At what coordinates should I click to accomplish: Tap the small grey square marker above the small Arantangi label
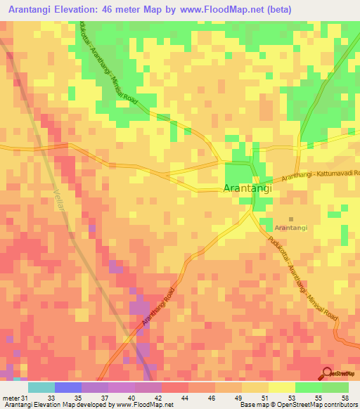(x=291, y=219)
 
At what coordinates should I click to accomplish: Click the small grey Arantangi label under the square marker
(x=291, y=228)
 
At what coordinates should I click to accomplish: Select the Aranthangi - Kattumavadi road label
(x=321, y=176)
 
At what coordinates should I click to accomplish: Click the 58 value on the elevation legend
(x=345, y=398)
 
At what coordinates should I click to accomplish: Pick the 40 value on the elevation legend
(x=130, y=398)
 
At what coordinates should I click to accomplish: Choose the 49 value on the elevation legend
(x=238, y=398)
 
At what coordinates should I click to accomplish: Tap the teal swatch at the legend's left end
(x=41, y=387)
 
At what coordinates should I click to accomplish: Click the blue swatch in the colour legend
(x=68, y=387)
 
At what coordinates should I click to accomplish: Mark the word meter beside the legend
(x=10, y=398)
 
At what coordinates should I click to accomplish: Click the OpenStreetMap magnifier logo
(x=327, y=373)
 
